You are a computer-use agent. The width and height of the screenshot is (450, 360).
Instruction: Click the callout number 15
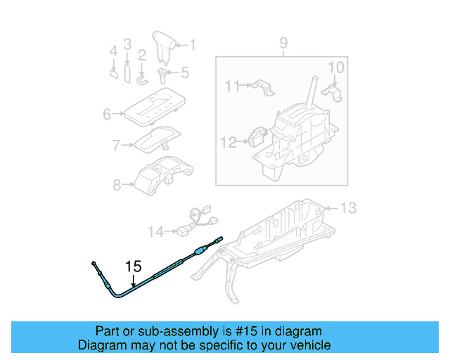(133, 266)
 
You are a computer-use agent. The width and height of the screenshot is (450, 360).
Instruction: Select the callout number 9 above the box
(283, 44)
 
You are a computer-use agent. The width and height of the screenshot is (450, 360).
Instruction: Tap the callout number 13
(349, 207)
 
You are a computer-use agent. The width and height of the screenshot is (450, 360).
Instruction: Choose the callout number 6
(108, 114)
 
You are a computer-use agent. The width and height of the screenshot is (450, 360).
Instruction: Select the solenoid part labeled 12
(259, 134)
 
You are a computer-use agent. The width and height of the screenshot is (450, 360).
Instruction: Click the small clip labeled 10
(331, 91)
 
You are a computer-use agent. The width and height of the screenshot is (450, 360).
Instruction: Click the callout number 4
(113, 51)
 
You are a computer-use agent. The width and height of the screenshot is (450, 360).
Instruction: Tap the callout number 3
(127, 44)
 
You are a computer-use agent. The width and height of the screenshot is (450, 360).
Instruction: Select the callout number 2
(142, 54)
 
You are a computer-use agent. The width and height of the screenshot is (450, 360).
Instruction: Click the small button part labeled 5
(162, 73)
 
